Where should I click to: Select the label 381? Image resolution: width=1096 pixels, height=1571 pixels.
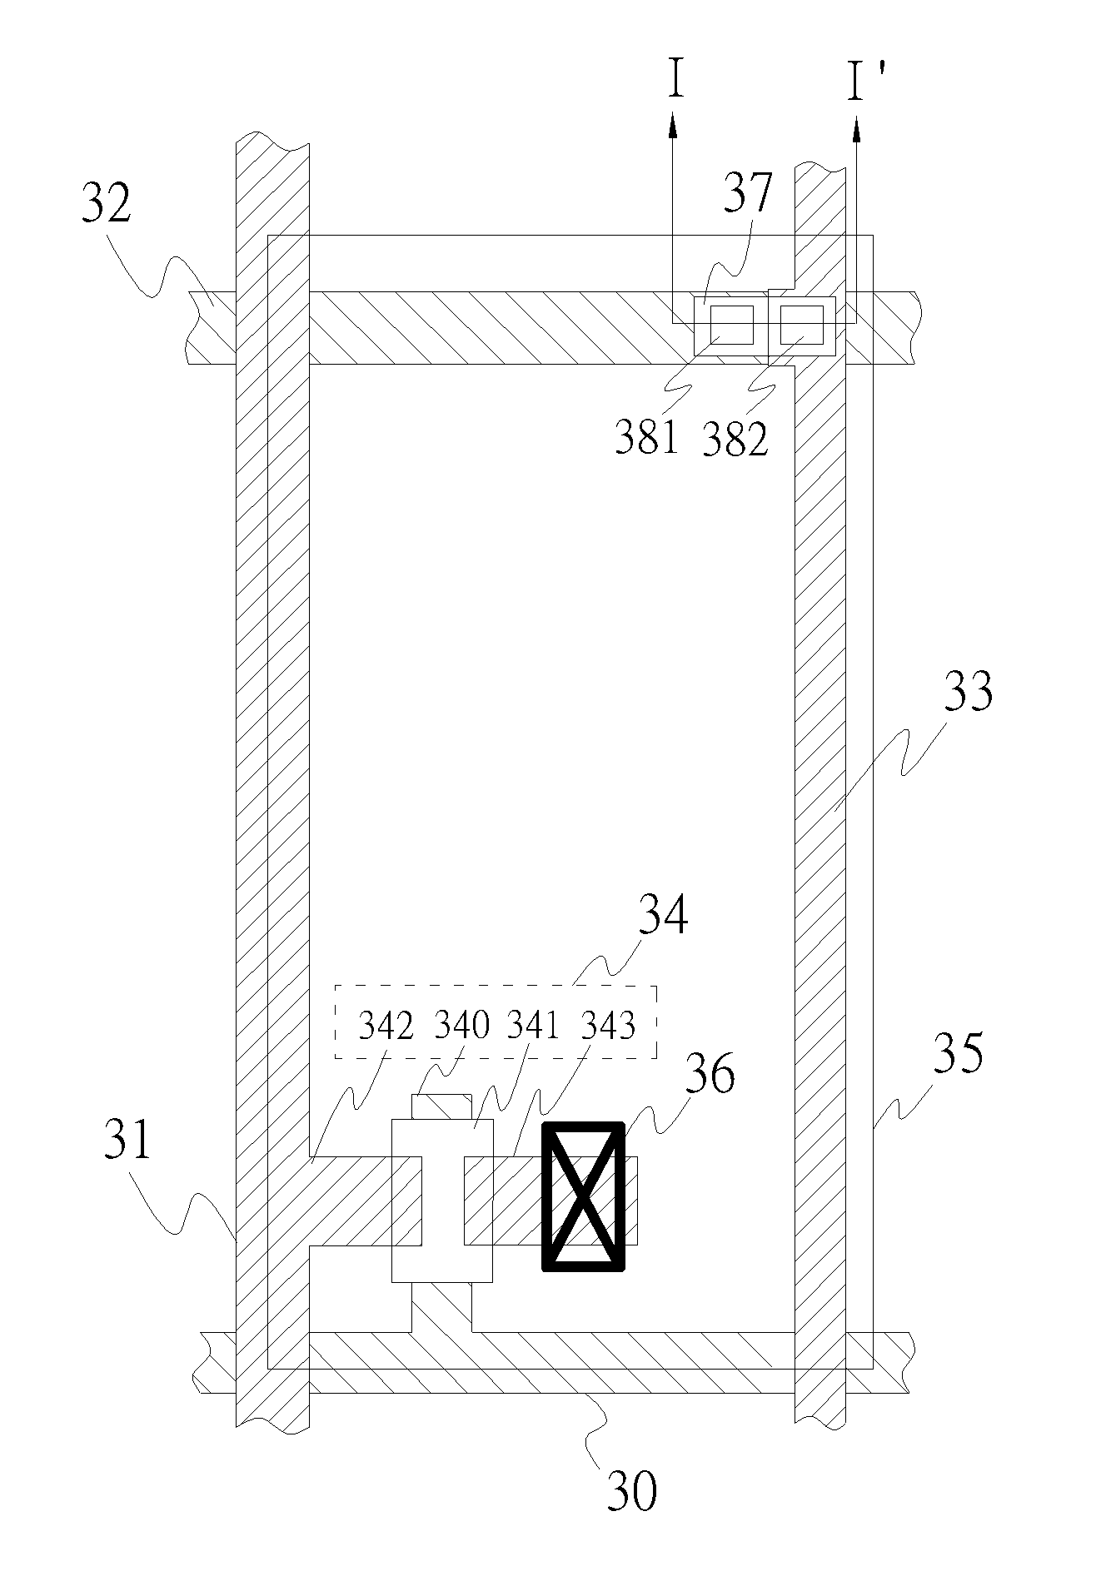[x=646, y=437]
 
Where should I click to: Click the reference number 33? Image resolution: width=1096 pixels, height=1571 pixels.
[x=968, y=691]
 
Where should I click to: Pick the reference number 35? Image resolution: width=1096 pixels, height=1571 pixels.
[x=958, y=1052]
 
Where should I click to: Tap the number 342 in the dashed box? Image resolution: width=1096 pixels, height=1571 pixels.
[x=386, y=1027]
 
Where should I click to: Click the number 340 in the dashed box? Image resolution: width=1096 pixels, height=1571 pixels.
[x=462, y=1025]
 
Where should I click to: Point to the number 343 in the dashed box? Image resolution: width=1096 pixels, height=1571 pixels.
[x=609, y=1026]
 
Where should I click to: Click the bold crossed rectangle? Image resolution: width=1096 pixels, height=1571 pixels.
[x=583, y=1196]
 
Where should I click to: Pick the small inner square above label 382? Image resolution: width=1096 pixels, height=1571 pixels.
[x=801, y=325]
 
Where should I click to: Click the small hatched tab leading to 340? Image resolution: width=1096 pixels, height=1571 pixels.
[x=442, y=1106]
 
